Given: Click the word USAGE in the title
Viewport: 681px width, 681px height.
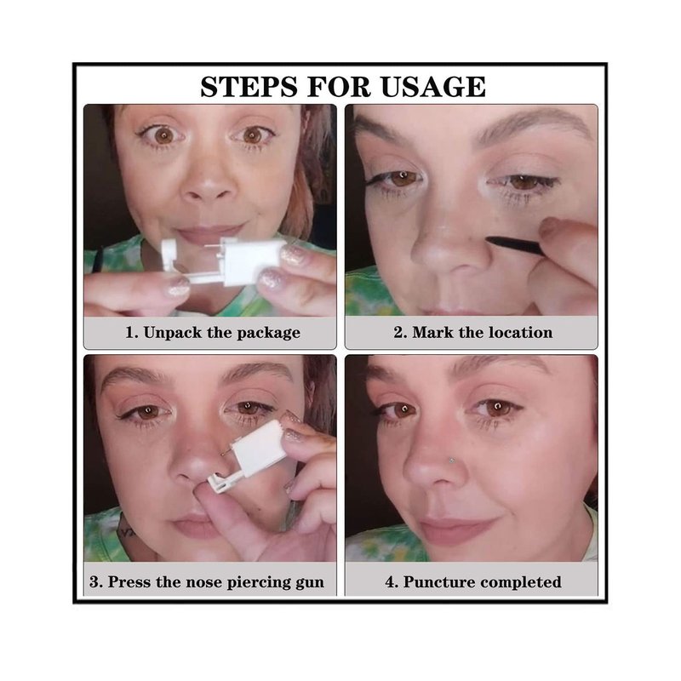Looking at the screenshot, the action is pos(433,87).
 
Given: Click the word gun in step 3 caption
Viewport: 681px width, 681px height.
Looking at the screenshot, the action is pos(310,583).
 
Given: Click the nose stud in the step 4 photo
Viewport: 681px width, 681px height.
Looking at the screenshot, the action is pos(452,460).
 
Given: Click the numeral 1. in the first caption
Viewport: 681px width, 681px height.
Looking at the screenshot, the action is pos(132,333).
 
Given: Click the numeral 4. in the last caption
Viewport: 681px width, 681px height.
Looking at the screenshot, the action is pos(392,582).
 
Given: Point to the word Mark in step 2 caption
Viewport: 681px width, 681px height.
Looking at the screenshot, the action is pos(433,333).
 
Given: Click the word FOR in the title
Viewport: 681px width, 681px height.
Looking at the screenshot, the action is pos(339,87).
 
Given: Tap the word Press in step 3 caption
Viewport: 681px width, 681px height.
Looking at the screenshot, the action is pos(129,582).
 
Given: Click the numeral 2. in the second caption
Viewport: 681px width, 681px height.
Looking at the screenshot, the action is pos(400,333).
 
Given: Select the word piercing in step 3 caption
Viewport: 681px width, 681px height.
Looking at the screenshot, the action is pos(259,583).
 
